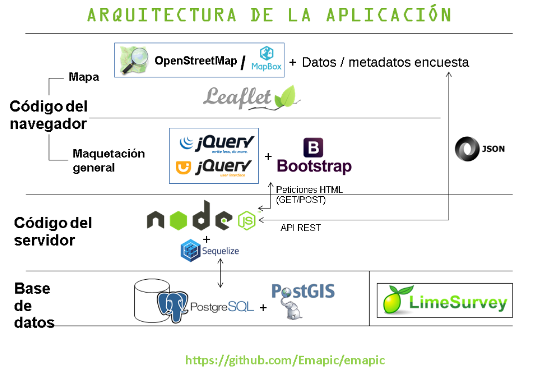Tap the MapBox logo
[x=266, y=59]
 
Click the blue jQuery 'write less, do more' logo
[x=217, y=143]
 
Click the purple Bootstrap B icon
[x=313, y=148]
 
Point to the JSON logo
[x=480, y=149]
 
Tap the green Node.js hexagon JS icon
[x=247, y=220]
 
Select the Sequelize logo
[x=210, y=251]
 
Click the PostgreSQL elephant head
[x=172, y=306]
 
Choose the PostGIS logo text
[x=303, y=291]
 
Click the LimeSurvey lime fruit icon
[x=395, y=301]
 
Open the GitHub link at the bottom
[x=285, y=360]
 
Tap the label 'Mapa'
[x=84, y=77]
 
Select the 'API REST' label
[x=300, y=228]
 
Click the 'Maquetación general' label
[x=108, y=160]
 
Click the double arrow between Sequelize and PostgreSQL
[x=220, y=274]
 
